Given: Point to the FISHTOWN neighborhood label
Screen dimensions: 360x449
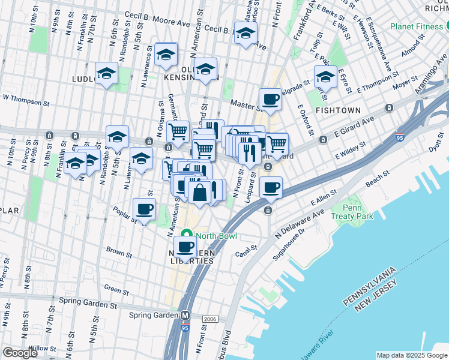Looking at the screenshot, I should click(x=338, y=110).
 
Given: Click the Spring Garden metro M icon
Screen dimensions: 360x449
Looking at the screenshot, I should click(x=186, y=315).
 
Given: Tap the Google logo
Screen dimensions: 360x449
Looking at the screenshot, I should click(x=20, y=353).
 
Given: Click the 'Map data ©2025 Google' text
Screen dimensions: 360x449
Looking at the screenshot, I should click(x=411, y=355).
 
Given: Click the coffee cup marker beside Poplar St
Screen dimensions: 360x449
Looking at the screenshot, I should click(x=144, y=209).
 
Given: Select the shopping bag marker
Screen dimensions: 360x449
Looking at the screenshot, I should click(x=199, y=193).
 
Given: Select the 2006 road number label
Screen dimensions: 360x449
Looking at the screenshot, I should click(x=209, y=319).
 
